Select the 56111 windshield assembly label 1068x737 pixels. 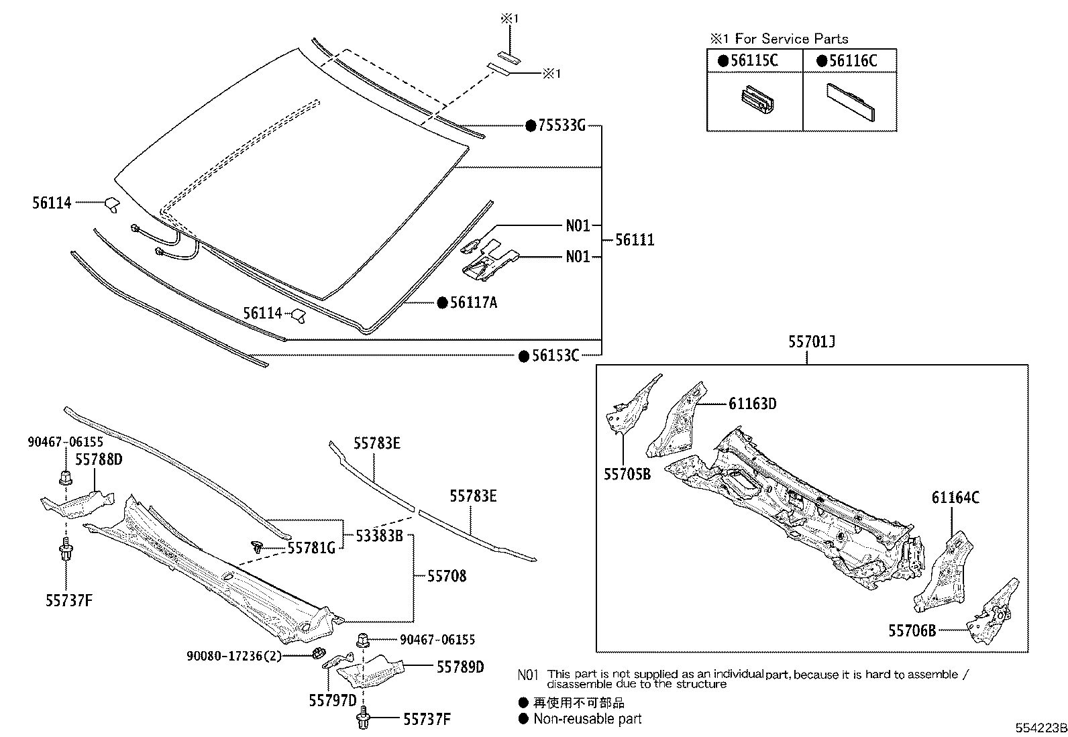pyautogui.click(x=635, y=240)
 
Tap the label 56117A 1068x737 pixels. pyautogui.click(x=473, y=303)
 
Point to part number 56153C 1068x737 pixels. pyautogui.click(x=555, y=356)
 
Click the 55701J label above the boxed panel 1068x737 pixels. pyautogui.click(x=811, y=342)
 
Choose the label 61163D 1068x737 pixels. pyautogui.click(x=752, y=404)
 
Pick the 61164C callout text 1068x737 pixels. pyautogui.click(x=955, y=498)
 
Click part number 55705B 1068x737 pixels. pyautogui.click(x=627, y=474)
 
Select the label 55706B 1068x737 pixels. pyautogui.click(x=912, y=630)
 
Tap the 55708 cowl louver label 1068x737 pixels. pyautogui.click(x=446, y=575)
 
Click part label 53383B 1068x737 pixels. pyautogui.click(x=378, y=535)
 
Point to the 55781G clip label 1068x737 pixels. pyautogui.click(x=311, y=548)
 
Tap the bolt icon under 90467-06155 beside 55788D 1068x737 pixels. pyautogui.click(x=66, y=478)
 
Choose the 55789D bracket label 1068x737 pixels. pyautogui.click(x=460, y=667)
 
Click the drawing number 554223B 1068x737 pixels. pyautogui.click(x=1039, y=728)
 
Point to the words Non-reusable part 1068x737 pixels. pyautogui.click(x=587, y=719)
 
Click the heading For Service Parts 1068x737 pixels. pyautogui.click(x=792, y=39)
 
